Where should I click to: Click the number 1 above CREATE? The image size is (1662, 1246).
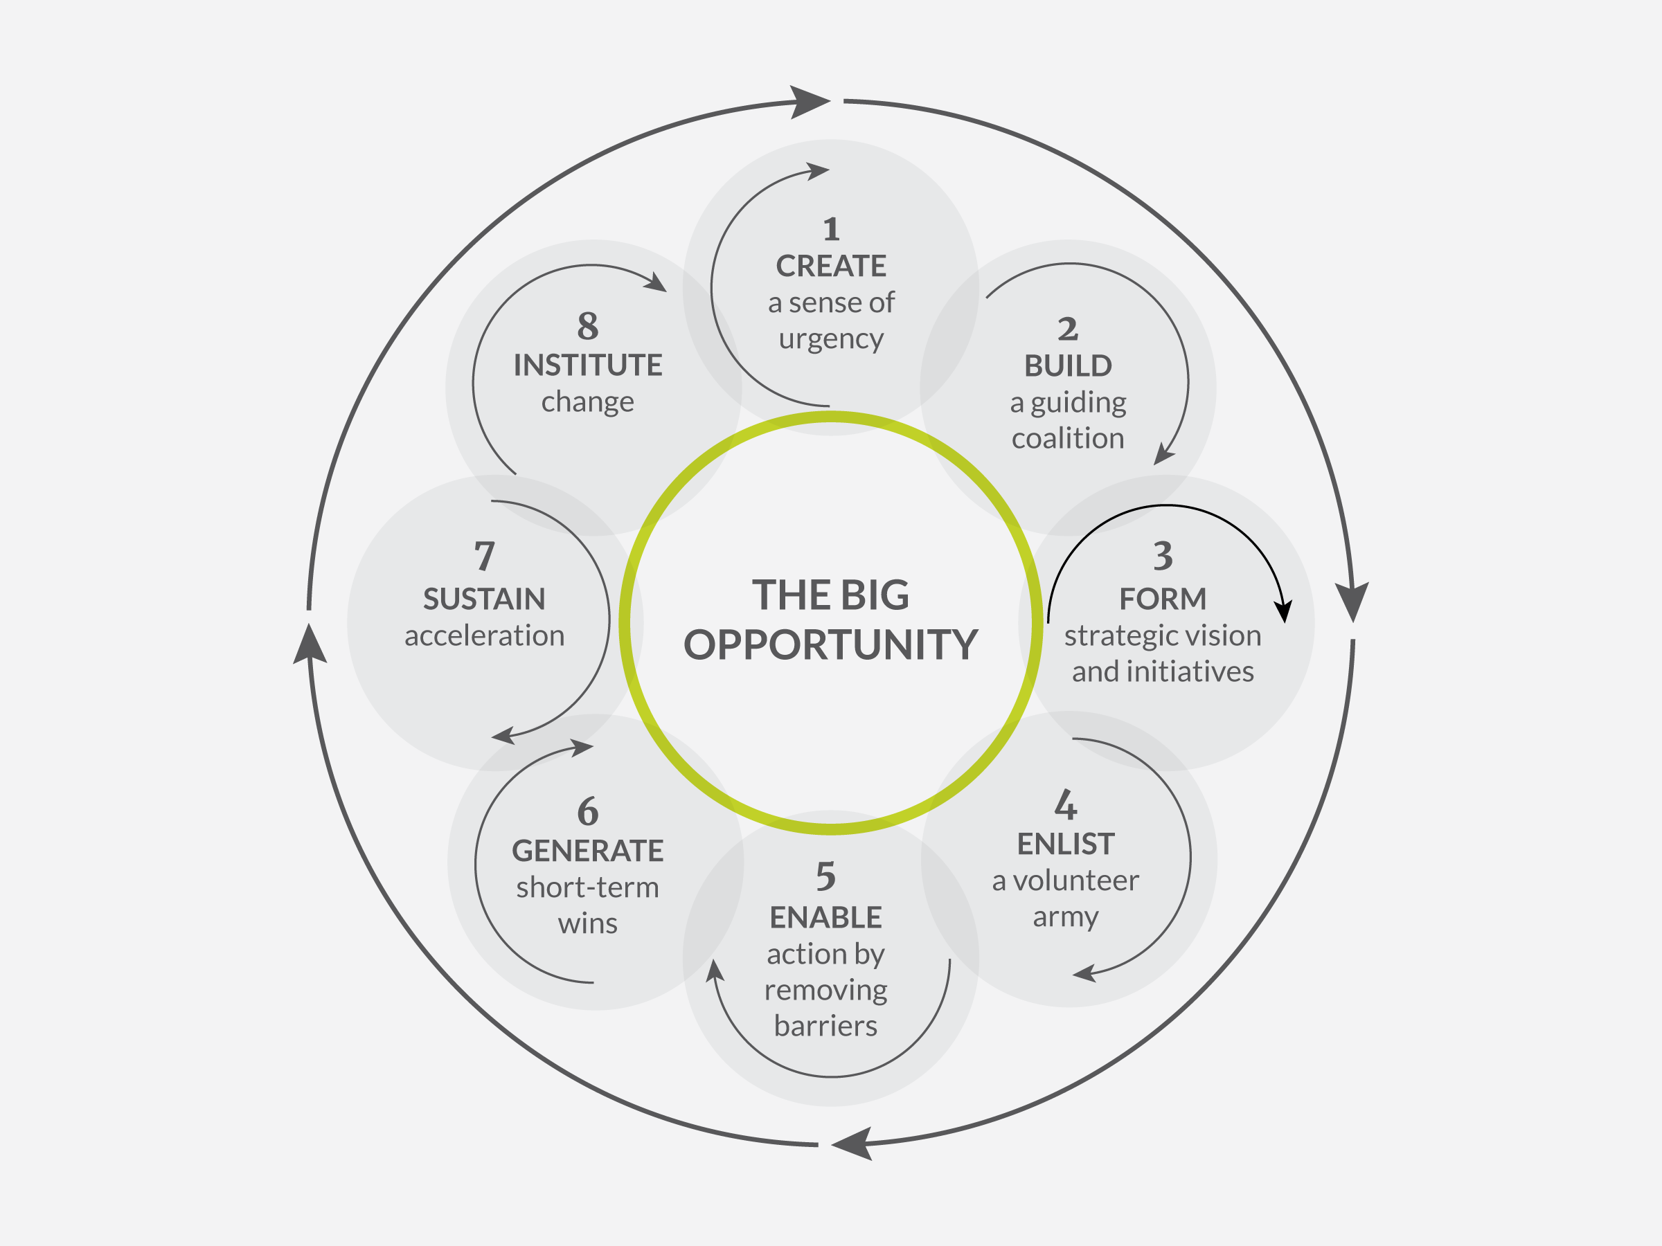[830, 229]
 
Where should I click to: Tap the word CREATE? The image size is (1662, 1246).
[830, 266]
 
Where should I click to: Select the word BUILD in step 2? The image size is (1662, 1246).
[1068, 365]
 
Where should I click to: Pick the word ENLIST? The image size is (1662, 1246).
[1066, 845]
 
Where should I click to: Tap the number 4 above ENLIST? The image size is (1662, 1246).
[1066, 804]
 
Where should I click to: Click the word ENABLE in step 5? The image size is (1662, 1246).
[825, 918]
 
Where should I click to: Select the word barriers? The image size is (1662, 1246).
[825, 1026]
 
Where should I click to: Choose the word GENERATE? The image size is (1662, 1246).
[587, 851]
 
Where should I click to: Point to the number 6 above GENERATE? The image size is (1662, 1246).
[587, 811]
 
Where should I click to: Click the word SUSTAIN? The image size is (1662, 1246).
[484, 599]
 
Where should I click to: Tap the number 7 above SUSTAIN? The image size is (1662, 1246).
[484, 557]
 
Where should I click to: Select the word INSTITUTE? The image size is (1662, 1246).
[587, 365]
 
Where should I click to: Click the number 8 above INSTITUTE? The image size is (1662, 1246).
[587, 325]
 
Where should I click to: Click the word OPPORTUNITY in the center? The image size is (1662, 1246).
[830, 644]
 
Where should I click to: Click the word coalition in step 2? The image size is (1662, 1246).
[1068, 438]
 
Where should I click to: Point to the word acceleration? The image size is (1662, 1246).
[484, 635]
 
